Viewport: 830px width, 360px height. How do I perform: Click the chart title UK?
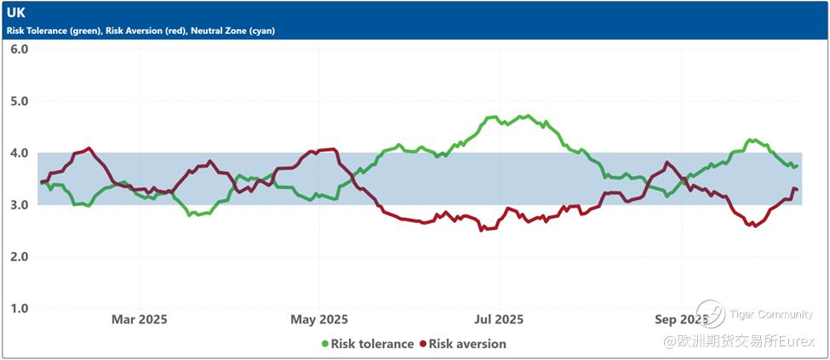(16, 14)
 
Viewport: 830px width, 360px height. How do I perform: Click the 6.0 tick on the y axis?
(20, 49)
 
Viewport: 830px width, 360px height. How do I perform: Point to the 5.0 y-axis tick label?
(20, 101)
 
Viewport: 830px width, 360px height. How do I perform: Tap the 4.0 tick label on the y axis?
(20, 153)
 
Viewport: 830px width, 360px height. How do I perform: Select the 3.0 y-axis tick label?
(20, 205)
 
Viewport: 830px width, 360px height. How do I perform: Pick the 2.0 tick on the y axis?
(20, 257)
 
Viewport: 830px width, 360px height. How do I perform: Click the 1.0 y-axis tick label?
(20, 309)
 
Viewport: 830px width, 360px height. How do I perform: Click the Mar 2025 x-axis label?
(140, 319)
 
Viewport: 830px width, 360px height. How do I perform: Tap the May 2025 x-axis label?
(319, 319)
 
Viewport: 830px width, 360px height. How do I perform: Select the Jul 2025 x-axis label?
(498, 319)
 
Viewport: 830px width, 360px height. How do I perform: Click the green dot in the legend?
(324, 344)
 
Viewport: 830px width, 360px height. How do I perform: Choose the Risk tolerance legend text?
(372, 344)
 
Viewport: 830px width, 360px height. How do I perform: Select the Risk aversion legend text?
(467, 344)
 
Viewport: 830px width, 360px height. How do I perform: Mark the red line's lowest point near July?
(483, 230)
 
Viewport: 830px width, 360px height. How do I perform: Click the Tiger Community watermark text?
(771, 315)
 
